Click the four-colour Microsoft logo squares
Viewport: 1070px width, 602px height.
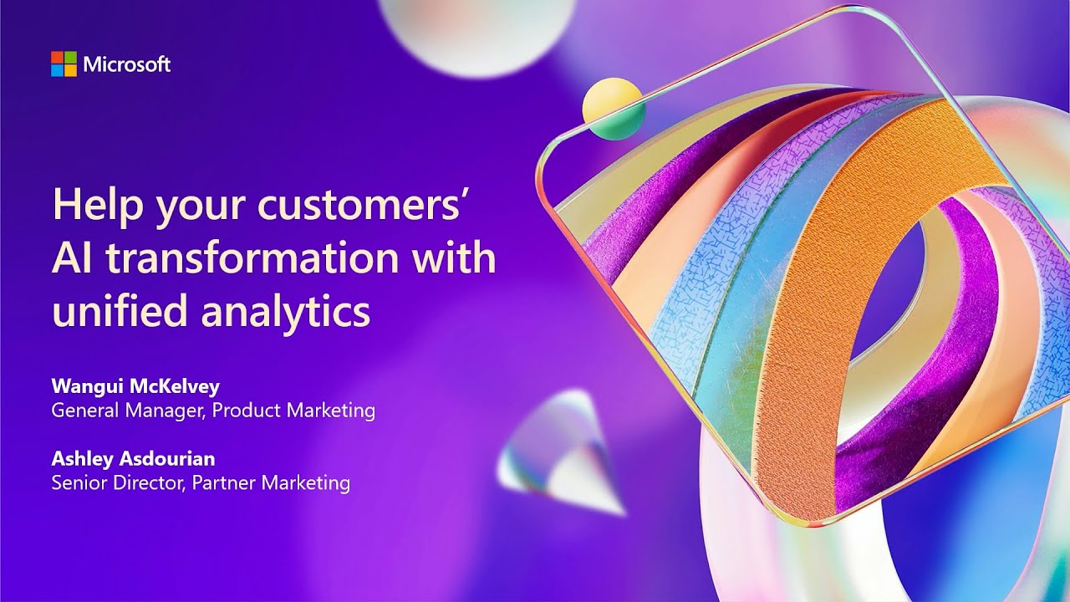coord(64,64)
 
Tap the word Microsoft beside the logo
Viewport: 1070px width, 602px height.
coord(127,64)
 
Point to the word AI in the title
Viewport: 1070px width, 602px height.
coord(69,258)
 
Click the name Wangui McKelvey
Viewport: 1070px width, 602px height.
coord(135,386)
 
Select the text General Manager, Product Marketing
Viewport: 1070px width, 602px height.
coord(213,411)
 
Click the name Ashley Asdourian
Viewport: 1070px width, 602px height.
coord(134,459)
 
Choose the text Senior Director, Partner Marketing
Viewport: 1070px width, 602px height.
coord(201,483)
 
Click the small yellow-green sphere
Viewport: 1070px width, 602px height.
coord(613,108)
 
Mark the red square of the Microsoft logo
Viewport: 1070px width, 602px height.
coord(57,58)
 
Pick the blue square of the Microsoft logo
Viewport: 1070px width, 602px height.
coord(57,71)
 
